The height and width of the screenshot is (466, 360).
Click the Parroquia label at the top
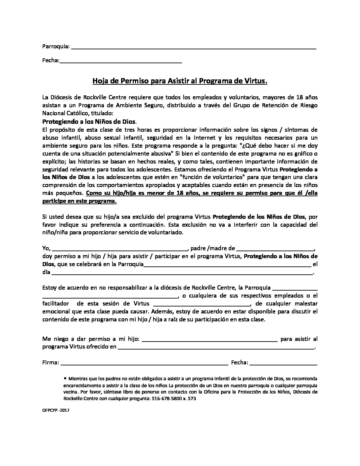(x=56, y=46)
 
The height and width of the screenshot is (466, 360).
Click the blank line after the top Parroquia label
(x=194, y=48)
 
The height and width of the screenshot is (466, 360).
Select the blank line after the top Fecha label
(x=121, y=62)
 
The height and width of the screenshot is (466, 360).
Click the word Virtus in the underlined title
(x=256, y=81)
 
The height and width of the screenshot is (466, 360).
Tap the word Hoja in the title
(x=99, y=81)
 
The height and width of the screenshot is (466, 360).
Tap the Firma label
(x=51, y=363)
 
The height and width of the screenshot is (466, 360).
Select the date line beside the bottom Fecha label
(x=284, y=364)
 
